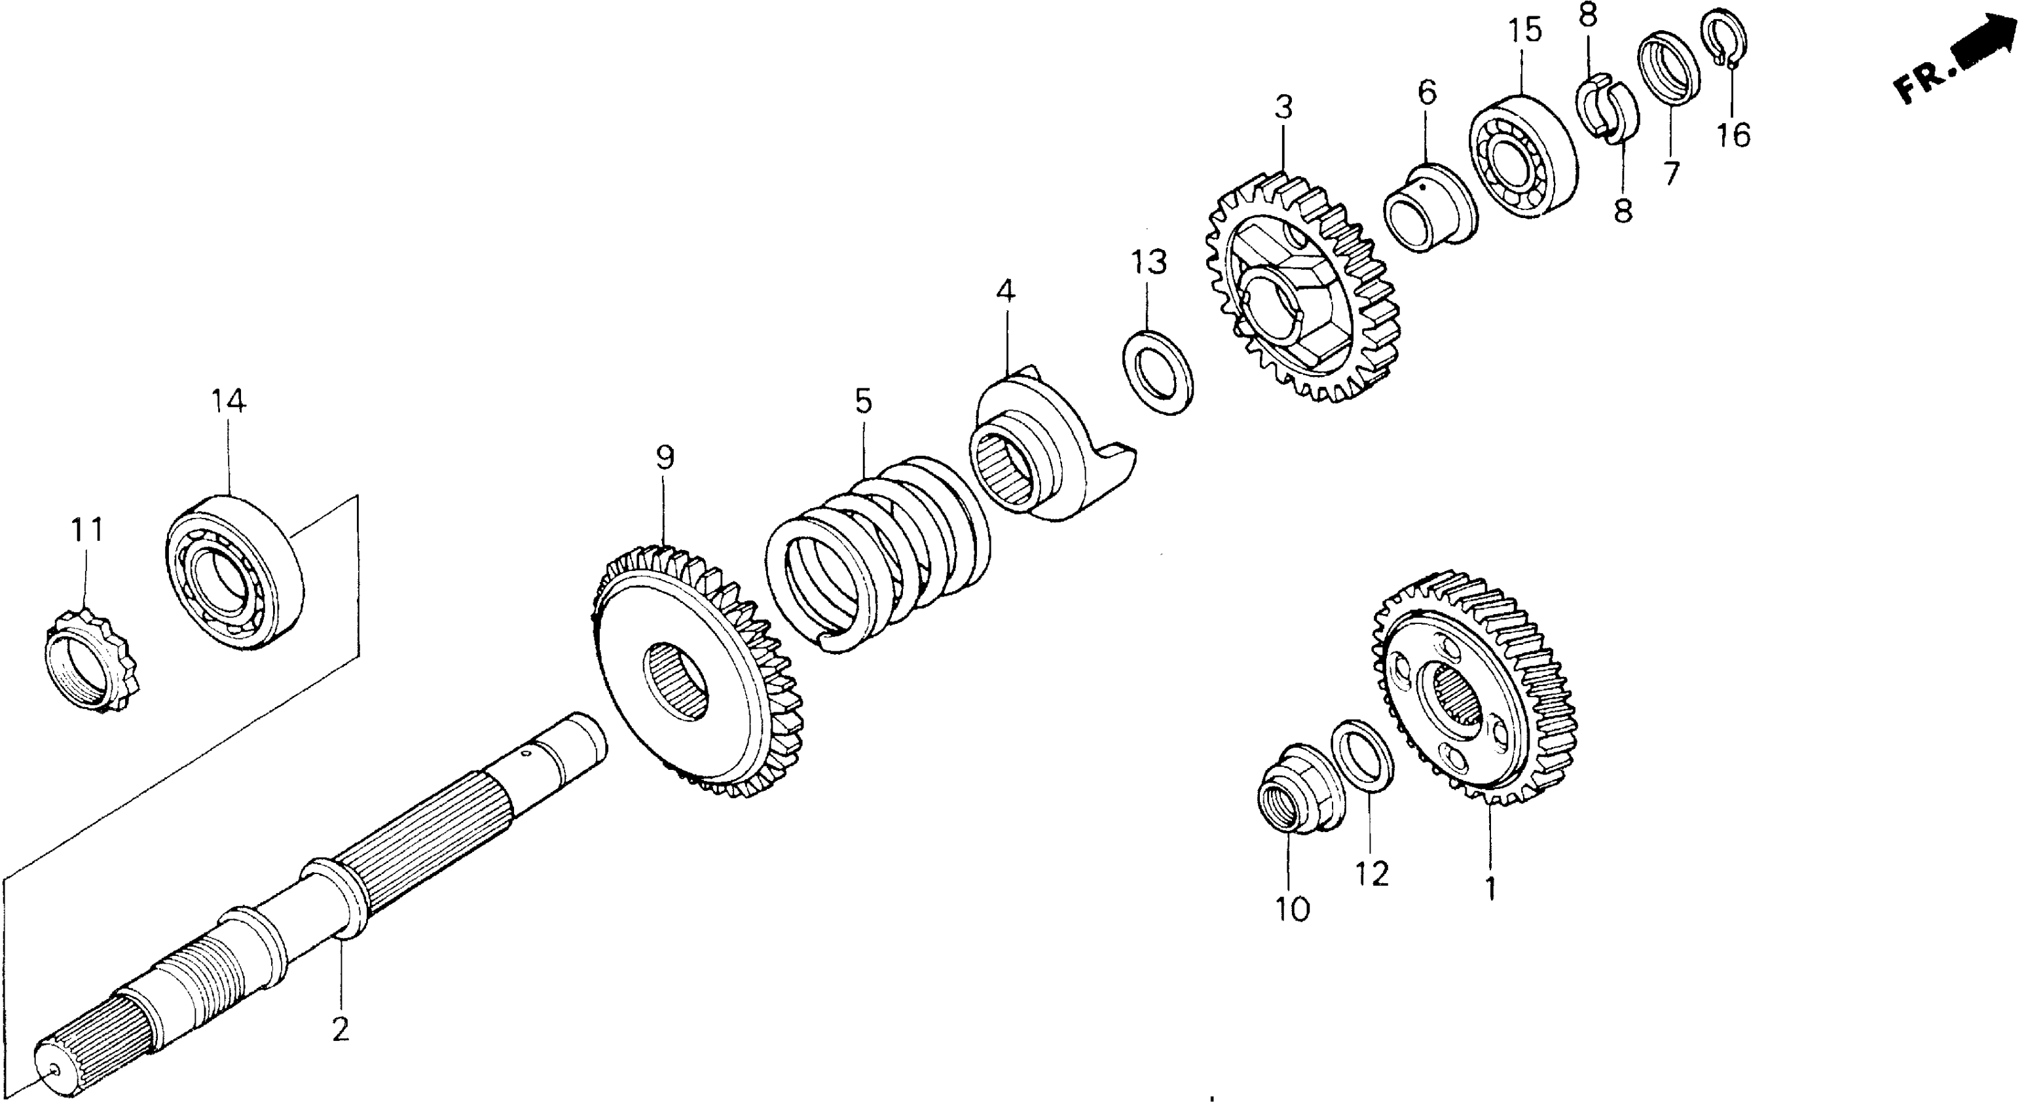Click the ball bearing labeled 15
click(x=1522, y=156)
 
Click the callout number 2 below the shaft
click(x=340, y=1028)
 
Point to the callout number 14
click(x=228, y=401)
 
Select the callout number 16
click(x=1733, y=136)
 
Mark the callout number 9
click(x=665, y=457)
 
